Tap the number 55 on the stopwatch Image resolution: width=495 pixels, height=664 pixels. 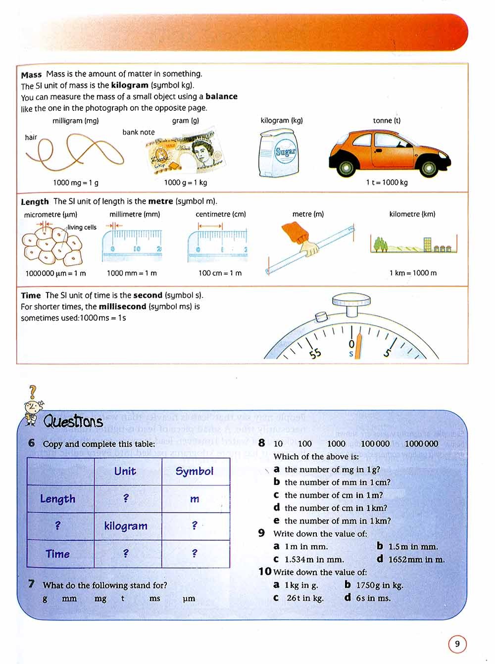[x=315, y=353]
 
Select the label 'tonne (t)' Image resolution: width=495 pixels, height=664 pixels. [x=387, y=121]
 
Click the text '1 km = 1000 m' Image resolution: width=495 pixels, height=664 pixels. [x=413, y=273]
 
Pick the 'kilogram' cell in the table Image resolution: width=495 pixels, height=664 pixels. [x=126, y=526]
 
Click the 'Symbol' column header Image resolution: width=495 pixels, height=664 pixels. [x=195, y=471]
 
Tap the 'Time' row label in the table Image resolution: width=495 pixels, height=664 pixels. [x=58, y=554]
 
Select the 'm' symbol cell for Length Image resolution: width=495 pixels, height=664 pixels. [x=195, y=499]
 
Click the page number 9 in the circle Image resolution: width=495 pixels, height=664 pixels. [x=457, y=644]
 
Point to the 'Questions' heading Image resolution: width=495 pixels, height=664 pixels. [x=73, y=422]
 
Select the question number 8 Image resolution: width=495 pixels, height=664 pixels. [x=262, y=443]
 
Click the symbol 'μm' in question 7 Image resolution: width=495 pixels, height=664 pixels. [x=189, y=599]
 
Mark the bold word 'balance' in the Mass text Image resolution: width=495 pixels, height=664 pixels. [x=221, y=96]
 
